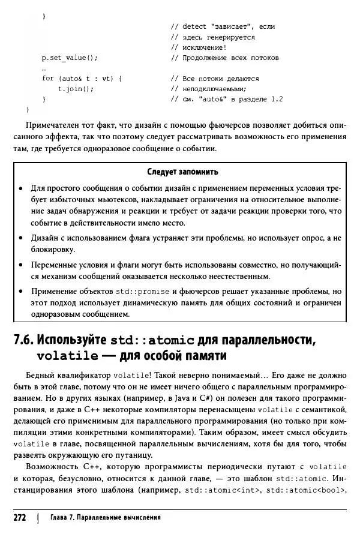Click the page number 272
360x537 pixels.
[20, 517]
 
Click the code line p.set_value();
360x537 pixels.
[69, 58]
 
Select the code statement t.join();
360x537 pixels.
[76, 89]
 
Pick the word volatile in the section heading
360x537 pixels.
[67, 356]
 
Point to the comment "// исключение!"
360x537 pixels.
[199, 47]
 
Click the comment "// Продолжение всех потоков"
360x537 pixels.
[224, 58]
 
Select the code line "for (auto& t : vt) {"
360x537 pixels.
[82, 79]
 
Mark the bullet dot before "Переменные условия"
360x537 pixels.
[22, 265]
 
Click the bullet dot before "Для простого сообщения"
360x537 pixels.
[22, 188]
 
